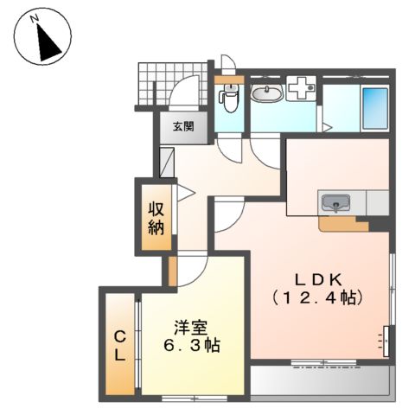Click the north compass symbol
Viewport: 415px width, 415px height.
tap(41, 35)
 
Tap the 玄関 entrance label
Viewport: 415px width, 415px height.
tap(182, 127)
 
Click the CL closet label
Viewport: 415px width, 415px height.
tap(120, 345)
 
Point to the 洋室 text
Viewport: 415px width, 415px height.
tap(189, 328)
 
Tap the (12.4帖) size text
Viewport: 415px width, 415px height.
tap(319, 297)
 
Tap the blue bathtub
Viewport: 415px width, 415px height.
tap(376, 107)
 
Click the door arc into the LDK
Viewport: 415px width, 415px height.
tap(227, 216)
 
